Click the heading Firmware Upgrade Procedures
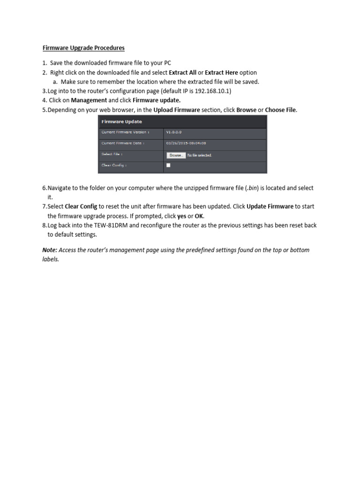83,48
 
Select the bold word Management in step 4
89,100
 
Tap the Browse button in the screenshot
176,155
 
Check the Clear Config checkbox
168,165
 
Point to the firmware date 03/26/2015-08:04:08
186,143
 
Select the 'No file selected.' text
199,155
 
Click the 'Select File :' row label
112,154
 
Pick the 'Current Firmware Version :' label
125,133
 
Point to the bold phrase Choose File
281,110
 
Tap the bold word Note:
50,250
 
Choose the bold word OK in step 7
199,216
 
